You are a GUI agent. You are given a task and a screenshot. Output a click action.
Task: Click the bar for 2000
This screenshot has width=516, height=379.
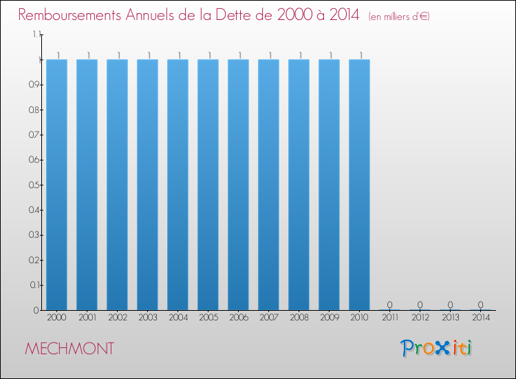[56, 185]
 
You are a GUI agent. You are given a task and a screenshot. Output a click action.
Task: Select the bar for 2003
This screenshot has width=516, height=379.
[147, 185]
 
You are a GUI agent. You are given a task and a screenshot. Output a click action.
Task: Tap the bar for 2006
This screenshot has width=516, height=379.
[238, 185]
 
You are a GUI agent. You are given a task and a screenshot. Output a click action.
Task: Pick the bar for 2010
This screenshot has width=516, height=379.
[359, 185]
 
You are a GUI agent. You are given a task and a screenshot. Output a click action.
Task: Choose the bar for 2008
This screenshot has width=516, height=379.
[299, 185]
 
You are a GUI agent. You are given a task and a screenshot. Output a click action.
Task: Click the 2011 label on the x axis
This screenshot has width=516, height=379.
[389, 318]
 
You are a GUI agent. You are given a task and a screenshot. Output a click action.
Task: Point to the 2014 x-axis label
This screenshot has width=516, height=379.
[480, 318]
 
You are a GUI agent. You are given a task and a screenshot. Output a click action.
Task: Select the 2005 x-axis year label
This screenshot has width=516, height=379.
[208, 318]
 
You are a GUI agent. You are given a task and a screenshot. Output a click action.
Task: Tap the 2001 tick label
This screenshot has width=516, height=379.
[87, 318]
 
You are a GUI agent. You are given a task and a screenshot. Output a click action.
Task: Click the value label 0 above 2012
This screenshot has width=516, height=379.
[420, 305]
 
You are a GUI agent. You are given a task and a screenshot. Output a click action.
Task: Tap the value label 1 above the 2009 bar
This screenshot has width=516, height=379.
[329, 54]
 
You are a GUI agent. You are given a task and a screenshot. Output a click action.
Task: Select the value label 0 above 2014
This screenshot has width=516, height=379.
[480, 305]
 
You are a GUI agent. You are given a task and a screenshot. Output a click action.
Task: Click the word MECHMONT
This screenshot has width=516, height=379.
[69, 349]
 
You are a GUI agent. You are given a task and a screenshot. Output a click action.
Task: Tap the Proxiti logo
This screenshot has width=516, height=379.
[437, 348]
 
